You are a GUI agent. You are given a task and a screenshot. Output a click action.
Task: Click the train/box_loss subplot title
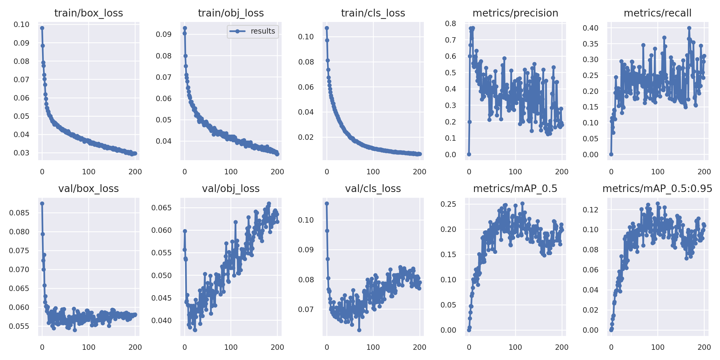88,13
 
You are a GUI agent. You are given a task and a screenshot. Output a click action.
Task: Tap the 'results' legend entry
262,31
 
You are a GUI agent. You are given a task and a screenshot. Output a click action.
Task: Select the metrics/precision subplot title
515,13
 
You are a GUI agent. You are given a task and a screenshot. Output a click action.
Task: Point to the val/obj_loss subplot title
231,189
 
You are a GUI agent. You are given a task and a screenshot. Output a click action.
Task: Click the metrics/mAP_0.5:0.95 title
657,189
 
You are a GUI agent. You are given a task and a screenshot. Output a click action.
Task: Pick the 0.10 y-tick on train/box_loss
22,25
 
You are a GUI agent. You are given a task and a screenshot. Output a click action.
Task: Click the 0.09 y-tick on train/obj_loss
164,34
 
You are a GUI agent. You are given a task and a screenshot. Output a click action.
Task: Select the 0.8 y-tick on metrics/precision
451,24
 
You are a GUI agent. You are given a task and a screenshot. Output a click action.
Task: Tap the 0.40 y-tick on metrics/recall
590,28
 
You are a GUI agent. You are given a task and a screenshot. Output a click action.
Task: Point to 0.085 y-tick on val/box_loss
19,213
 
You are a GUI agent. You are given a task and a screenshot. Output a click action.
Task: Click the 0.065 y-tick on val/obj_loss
161,208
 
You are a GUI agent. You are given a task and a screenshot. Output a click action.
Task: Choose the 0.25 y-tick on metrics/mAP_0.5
448,204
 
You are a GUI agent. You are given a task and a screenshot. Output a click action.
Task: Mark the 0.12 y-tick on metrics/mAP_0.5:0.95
590,210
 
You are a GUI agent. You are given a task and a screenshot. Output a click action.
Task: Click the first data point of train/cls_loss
327,28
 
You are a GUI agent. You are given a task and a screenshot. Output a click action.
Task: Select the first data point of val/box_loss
42,204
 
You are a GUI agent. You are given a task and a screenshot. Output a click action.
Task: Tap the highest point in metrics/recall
689,28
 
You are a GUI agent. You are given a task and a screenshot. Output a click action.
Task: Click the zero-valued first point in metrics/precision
469,154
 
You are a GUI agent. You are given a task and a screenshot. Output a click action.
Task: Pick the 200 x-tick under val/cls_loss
419,347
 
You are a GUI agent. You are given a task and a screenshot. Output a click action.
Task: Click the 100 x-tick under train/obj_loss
231,172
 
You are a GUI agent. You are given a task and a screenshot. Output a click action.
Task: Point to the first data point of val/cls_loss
327,204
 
